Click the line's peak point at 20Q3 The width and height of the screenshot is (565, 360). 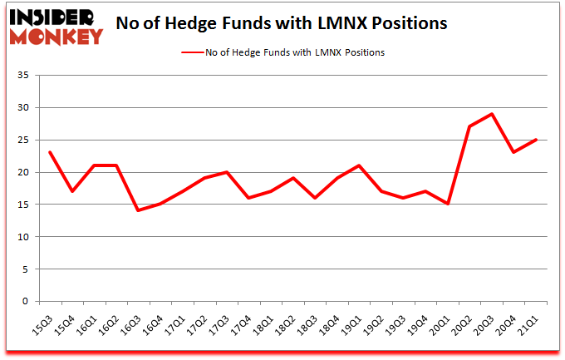pyautogui.click(x=493, y=114)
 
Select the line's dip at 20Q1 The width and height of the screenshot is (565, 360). pyautogui.click(x=449, y=205)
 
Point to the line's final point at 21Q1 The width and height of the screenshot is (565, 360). pyautogui.click(x=537, y=140)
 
